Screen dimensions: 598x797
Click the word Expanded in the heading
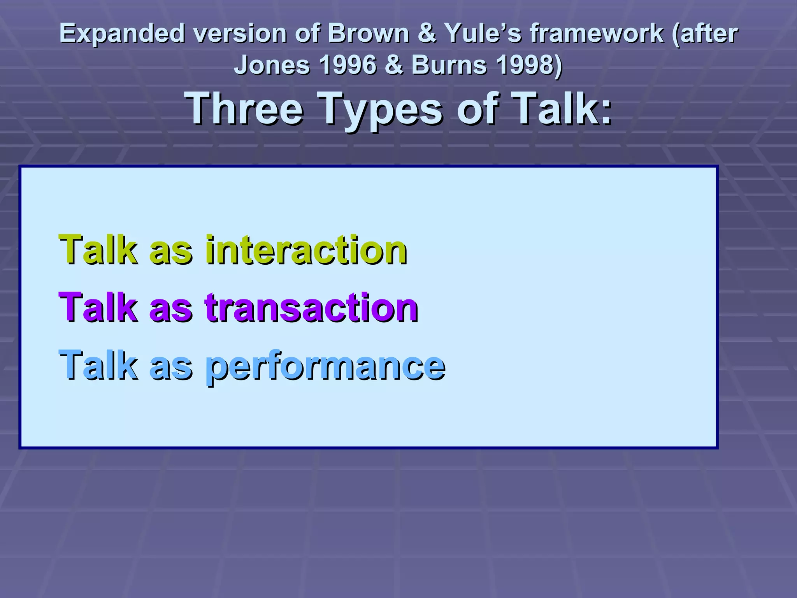coord(122,33)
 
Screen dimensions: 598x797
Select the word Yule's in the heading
coord(483,33)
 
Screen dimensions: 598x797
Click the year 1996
coord(348,65)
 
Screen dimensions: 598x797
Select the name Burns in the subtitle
coord(449,65)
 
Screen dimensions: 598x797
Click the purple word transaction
coord(311,307)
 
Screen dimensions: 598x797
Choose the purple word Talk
coord(98,307)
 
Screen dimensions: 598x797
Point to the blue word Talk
coord(98,365)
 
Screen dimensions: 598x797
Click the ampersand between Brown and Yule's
coord(427,33)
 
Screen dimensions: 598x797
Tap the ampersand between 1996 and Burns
coord(394,65)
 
